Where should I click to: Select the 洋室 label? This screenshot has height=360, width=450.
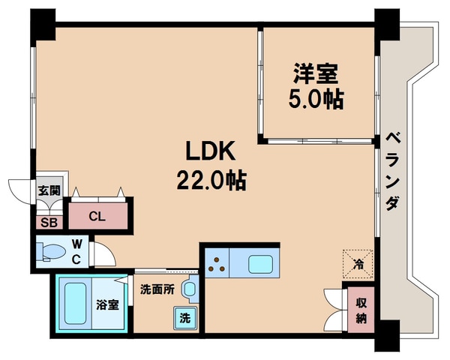[316, 75]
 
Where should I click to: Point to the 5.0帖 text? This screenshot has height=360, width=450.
[316, 100]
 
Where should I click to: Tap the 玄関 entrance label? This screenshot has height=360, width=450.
[49, 190]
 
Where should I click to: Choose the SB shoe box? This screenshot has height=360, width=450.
[49, 221]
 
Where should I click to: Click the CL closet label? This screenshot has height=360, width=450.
[97, 217]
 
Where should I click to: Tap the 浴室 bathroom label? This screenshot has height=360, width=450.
[108, 305]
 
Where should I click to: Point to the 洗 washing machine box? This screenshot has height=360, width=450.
[184, 317]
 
